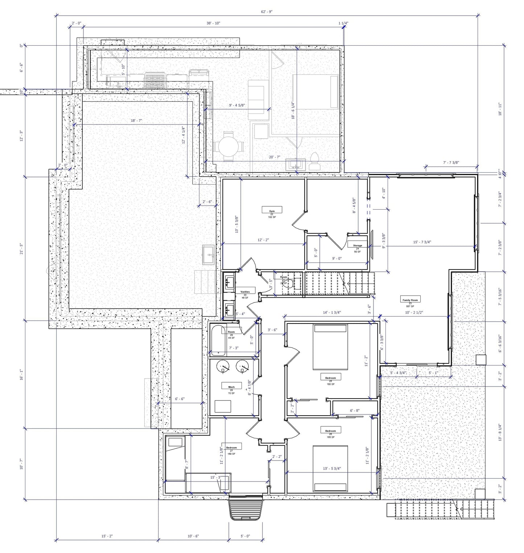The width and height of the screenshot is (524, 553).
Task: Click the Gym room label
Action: (272, 211)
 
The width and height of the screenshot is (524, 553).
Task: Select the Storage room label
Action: (357, 245)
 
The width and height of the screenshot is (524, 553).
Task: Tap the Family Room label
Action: (410, 300)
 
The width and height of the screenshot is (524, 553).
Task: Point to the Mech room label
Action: (231, 387)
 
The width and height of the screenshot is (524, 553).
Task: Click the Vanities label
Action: (245, 292)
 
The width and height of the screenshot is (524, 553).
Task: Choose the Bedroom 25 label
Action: (330, 378)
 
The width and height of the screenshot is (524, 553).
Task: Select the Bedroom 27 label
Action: (231, 447)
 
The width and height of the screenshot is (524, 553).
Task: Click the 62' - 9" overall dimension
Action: (267, 12)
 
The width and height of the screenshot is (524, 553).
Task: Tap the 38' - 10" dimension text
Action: (213, 23)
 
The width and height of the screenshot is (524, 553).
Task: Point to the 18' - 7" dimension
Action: (137, 120)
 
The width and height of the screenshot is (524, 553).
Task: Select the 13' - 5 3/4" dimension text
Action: (332, 468)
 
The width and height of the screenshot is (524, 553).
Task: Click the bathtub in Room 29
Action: (218, 341)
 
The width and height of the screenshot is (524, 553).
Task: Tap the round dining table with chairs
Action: (228, 147)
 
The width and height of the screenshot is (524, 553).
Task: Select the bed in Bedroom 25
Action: (330, 347)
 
